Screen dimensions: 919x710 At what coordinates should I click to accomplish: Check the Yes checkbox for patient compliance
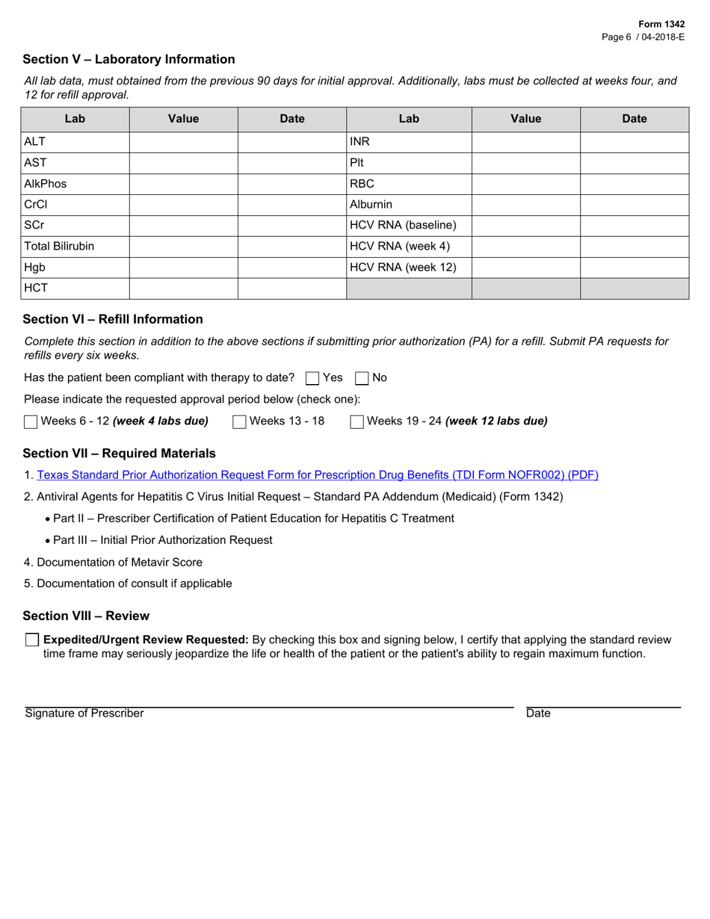coord(313,378)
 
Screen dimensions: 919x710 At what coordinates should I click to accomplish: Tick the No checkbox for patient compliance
coord(362,378)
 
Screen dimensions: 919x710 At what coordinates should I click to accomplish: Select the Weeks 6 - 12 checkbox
coord(31,421)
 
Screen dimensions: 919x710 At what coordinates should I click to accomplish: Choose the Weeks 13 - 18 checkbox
coord(239,421)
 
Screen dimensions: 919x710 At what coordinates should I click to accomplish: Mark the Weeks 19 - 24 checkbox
coord(357,421)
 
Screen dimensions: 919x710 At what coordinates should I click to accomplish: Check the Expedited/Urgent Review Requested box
coord(32,640)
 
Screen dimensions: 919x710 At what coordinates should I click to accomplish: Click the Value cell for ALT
coord(184,142)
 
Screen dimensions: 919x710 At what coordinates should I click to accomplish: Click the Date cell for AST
coord(292,163)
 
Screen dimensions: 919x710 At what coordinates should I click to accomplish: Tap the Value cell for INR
coord(526,142)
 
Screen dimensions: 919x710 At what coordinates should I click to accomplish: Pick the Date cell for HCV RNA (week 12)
coord(635,267)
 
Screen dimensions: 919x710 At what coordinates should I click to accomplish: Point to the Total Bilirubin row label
coord(60,247)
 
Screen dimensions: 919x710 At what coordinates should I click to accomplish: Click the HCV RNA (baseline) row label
coord(403,226)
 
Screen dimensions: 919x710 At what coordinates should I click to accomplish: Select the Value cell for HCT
coord(184,288)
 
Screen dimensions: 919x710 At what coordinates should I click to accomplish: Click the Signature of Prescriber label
coord(84,714)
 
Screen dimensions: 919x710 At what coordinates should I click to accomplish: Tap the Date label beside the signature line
coord(538,714)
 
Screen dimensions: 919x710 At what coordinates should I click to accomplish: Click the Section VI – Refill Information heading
coord(113,319)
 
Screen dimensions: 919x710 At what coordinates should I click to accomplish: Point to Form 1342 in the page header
coord(663,24)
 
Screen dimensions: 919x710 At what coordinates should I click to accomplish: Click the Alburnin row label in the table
coord(371,205)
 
